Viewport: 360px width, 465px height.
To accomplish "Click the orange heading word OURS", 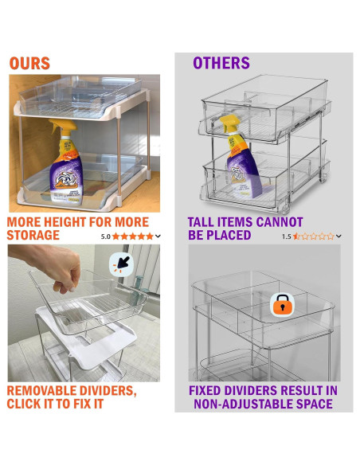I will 29,64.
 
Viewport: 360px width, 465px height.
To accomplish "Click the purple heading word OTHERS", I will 221,63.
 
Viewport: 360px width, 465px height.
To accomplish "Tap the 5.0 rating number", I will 106,236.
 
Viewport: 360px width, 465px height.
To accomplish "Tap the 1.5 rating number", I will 286,236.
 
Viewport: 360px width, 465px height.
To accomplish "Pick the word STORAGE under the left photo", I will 33,236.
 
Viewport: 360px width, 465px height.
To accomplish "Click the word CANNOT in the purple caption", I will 277,222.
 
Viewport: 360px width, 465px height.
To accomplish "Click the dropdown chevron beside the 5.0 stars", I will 158,236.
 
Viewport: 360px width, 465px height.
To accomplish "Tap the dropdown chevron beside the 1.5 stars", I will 339,236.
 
